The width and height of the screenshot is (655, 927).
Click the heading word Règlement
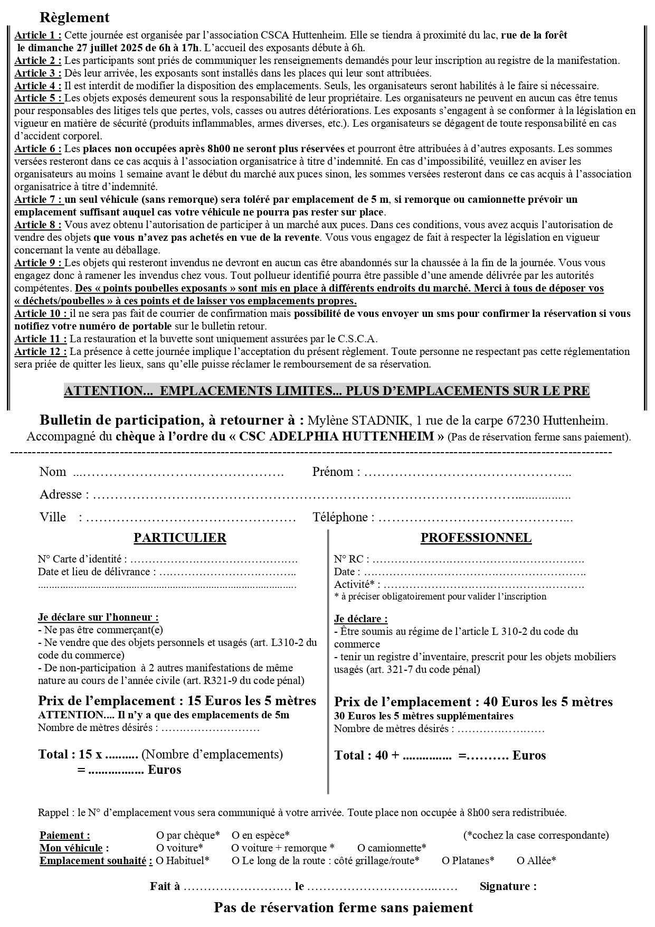tap(74, 17)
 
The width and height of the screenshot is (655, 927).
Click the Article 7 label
tap(38, 200)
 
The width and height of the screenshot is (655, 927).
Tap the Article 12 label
tap(41, 352)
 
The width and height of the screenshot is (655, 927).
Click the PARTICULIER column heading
tap(180, 538)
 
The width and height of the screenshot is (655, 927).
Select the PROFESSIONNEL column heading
tap(476, 538)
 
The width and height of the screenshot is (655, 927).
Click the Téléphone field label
tap(343, 517)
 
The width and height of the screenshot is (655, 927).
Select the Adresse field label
tap(61, 494)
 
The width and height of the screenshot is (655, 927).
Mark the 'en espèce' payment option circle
tap(235, 836)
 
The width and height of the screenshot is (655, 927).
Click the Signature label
tap(508, 886)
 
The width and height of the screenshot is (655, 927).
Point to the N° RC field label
tap(351, 559)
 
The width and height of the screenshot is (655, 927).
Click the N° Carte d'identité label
tap(82, 559)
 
